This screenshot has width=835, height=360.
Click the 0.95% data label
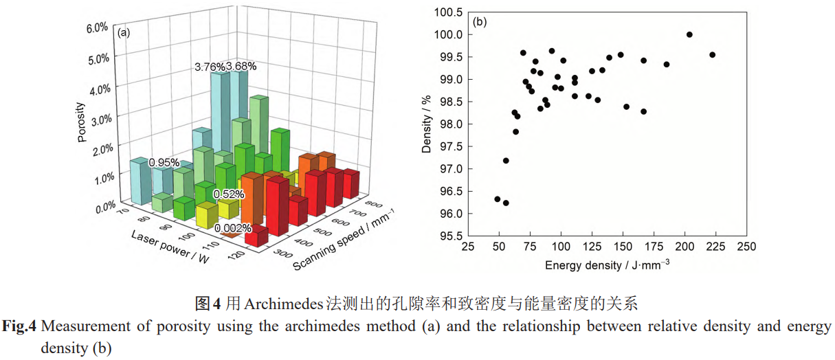click(164, 163)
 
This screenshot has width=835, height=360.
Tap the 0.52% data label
click(228, 194)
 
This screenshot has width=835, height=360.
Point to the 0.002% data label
click(233, 228)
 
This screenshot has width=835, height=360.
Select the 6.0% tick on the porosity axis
click(96, 27)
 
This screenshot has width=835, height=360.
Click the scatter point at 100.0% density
click(689, 34)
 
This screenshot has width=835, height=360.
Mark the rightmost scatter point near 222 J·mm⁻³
click(712, 55)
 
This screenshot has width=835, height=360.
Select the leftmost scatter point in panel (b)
click(498, 199)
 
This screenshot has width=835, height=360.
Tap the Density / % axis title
click(427, 124)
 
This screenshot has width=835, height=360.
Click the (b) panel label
click(480, 21)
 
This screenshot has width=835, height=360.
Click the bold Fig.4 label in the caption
click(19, 326)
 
